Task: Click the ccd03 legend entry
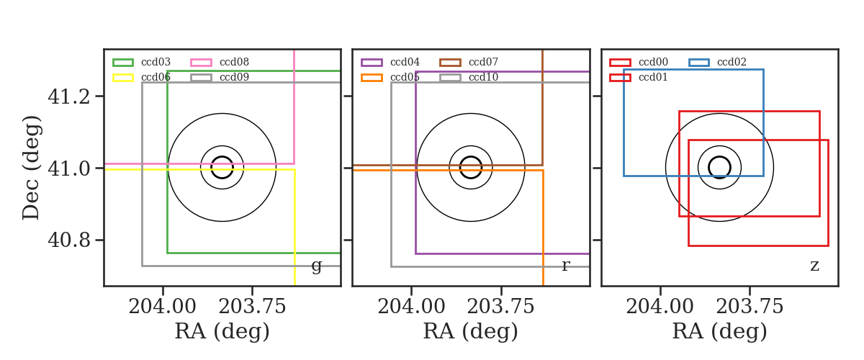[142, 62]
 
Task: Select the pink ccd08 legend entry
[220, 62]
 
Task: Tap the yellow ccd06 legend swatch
[123, 78]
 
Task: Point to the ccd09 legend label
[234, 77]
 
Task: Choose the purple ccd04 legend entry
[390, 62]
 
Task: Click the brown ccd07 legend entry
[469, 62]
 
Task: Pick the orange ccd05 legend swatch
[372, 78]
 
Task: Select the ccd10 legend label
[483, 77]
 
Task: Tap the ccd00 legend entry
[639, 62]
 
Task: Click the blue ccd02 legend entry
[717, 62]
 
